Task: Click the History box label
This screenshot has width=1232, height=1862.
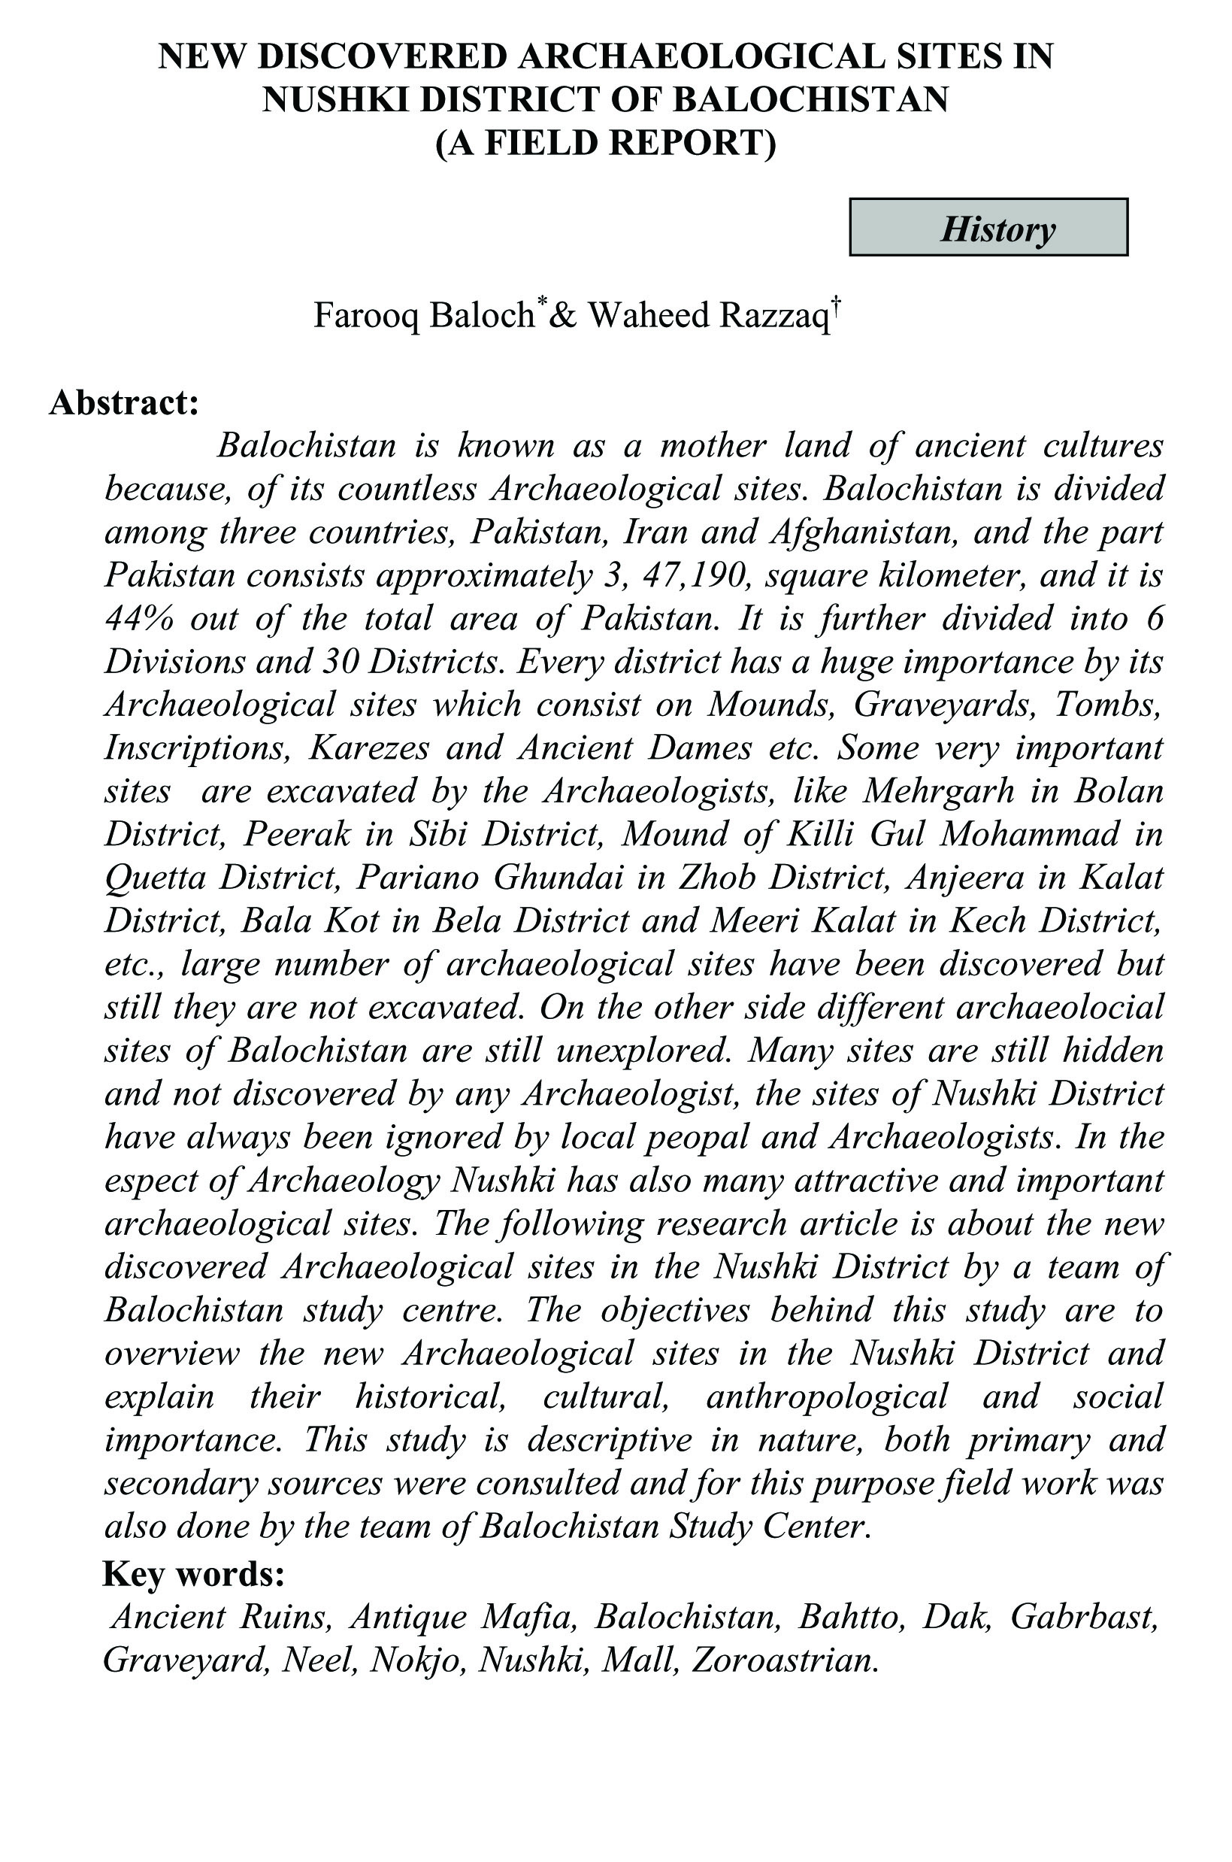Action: coord(998,229)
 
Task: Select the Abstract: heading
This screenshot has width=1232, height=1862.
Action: coord(124,402)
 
